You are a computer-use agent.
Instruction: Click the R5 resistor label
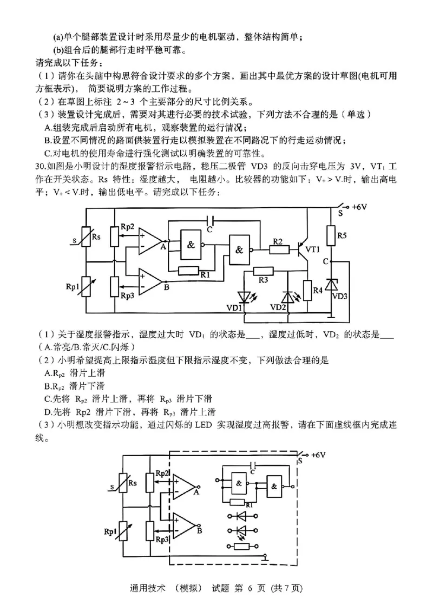[342, 235]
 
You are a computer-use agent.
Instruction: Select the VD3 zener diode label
[339, 296]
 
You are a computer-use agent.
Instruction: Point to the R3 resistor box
[263, 271]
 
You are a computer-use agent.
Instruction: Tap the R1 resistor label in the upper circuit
[205, 275]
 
